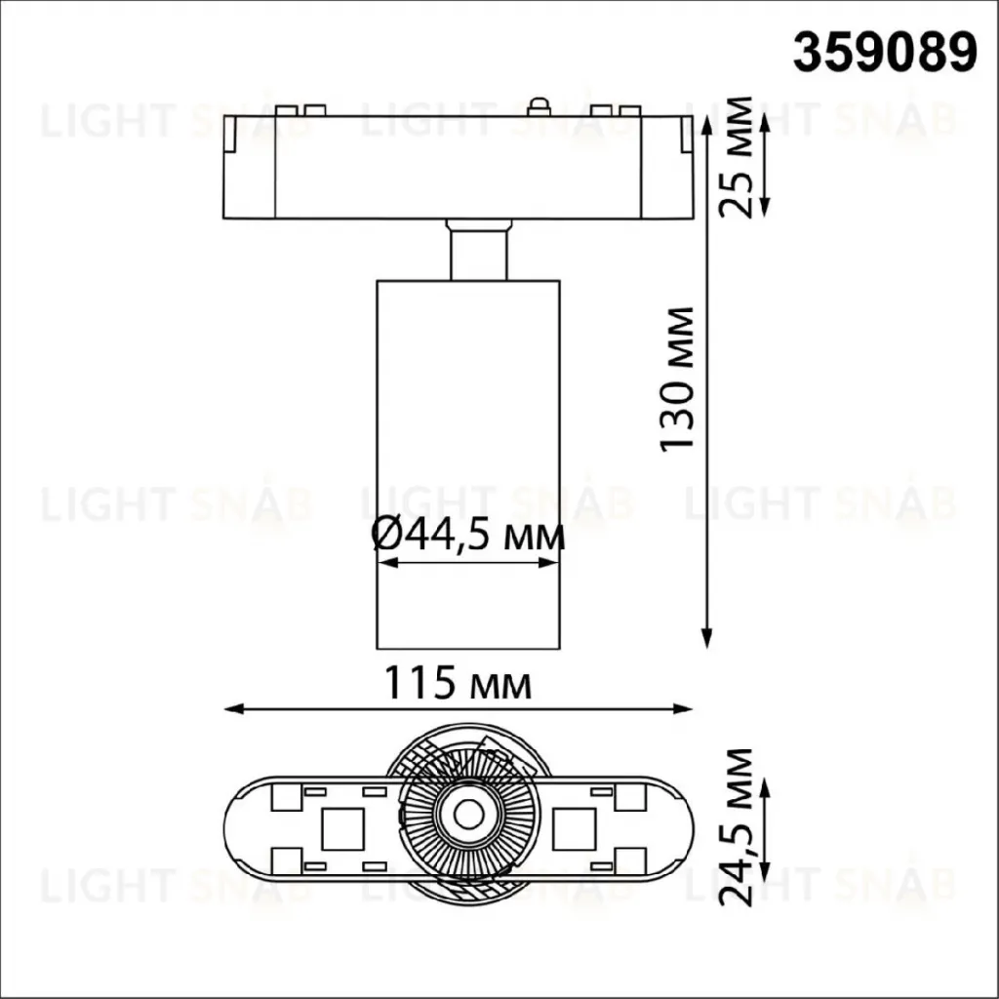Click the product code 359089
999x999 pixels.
[884, 53]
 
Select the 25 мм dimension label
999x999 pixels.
[736, 157]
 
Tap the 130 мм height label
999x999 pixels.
[677, 380]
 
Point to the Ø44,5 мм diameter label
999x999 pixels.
[468, 536]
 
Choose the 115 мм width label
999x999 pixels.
[458, 683]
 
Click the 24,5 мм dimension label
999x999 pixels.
[736, 827]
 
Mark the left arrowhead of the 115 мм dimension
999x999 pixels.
[234, 708]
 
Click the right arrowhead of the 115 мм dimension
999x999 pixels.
[682, 708]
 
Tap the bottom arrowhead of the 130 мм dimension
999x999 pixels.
[706, 638]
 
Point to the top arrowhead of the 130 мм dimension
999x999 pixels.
[706, 126]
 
